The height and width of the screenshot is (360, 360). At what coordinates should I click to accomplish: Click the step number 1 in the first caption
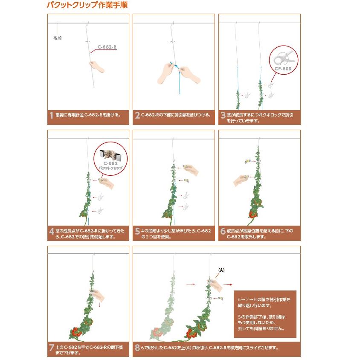point(51,115)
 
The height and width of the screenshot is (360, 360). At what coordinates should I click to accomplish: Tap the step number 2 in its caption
point(137,115)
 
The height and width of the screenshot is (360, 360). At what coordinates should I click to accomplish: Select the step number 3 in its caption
point(223,115)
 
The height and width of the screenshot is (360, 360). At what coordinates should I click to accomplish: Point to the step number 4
point(52,232)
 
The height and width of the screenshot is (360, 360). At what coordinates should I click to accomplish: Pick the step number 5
point(137,232)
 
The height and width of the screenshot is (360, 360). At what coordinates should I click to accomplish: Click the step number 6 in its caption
point(223,232)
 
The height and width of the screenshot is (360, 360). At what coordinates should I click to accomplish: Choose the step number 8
point(137,348)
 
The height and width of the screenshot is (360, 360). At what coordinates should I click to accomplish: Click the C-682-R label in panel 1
point(107,47)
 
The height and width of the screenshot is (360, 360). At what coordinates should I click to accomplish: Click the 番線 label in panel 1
point(58,38)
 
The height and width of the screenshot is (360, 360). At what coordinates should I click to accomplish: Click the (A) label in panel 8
point(221,270)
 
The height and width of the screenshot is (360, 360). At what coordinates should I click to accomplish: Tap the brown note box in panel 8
point(265,314)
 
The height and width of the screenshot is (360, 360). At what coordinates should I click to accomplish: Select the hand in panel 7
point(98,294)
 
